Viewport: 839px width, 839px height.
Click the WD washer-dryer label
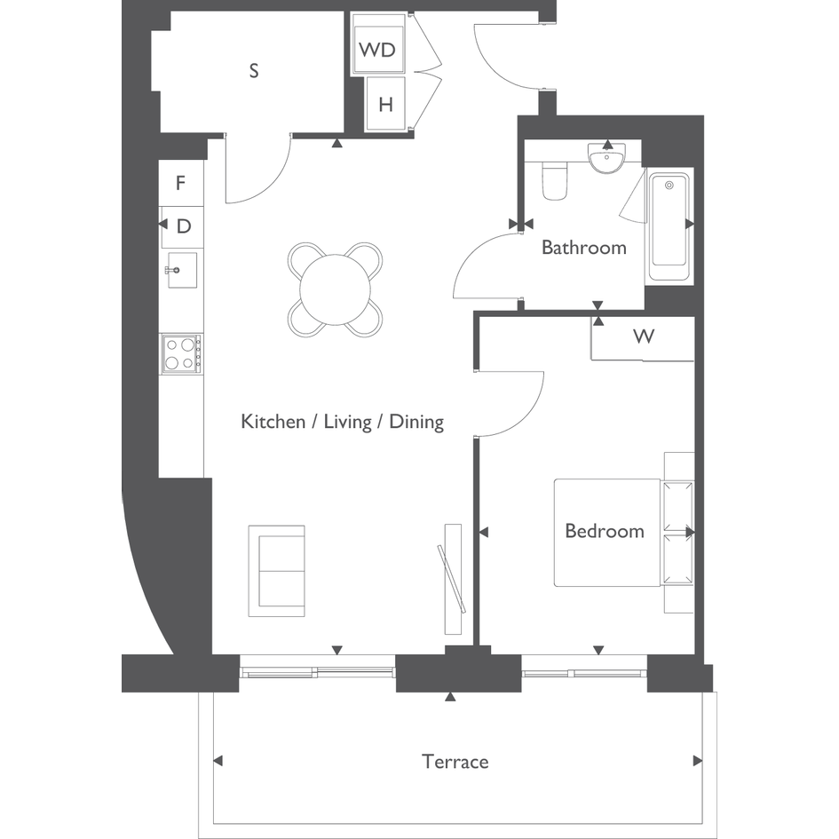[377, 50]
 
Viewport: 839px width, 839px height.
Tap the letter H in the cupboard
[386, 105]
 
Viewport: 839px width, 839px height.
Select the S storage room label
[254, 71]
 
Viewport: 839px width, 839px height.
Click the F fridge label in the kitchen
[181, 183]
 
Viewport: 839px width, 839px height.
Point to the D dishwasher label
[184, 226]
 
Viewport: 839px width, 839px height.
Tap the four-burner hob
[182, 353]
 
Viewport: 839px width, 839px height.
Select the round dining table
[335, 289]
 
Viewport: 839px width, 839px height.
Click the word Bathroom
[584, 247]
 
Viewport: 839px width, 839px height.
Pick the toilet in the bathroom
[555, 179]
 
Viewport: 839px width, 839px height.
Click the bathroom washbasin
[606, 158]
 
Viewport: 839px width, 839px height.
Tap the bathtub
[669, 227]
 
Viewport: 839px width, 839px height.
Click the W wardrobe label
[644, 336]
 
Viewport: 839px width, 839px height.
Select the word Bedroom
[605, 531]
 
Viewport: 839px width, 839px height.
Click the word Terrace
[455, 762]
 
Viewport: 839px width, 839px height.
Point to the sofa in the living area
[277, 571]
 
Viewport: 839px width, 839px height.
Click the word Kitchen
[273, 421]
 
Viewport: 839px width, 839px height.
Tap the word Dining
[416, 422]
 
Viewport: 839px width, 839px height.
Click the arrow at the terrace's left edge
[218, 761]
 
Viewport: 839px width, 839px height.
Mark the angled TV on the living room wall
[452, 579]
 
